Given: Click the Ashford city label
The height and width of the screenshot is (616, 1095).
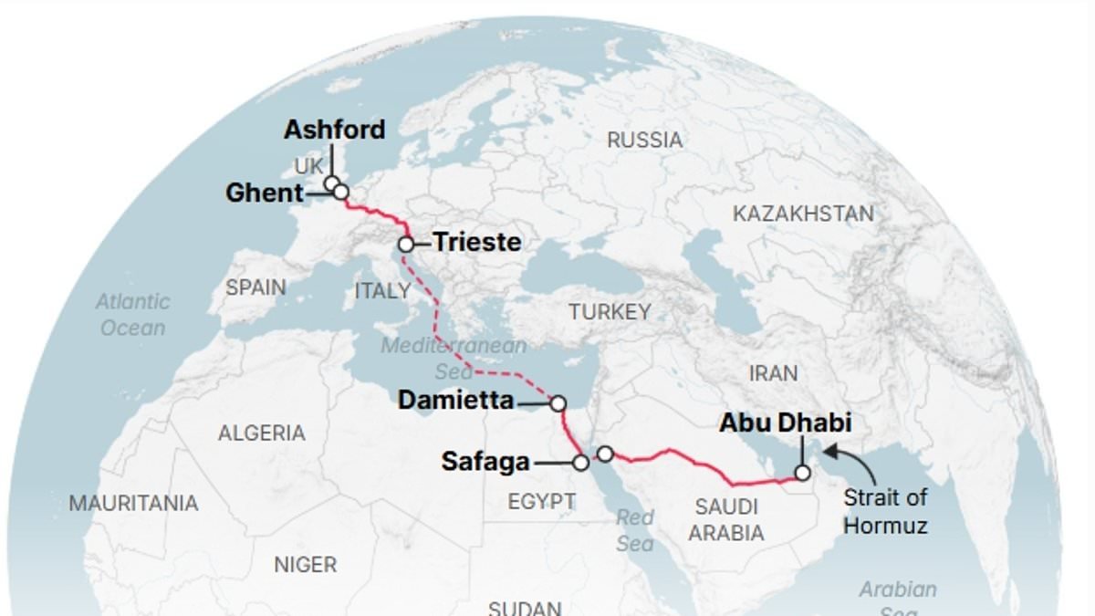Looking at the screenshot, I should point(334,130).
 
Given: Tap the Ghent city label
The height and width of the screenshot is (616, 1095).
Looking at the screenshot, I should point(265,193).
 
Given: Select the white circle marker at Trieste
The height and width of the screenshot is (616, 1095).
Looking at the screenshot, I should point(406,244).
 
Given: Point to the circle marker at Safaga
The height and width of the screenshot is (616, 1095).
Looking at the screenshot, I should point(580,463).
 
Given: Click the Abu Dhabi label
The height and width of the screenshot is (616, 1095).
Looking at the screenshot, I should point(785,423).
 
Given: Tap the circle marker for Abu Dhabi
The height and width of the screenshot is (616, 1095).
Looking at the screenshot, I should point(802,473).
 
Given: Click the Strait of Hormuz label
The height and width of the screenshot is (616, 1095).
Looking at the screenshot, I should point(884,511).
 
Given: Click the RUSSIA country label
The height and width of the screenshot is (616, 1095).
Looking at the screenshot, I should point(644,140).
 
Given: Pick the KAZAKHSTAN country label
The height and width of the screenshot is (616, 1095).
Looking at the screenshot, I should point(803,214).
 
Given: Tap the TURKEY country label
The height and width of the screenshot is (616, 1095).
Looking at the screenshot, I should point(610,311).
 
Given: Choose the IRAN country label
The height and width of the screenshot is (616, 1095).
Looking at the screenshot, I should point(772,373).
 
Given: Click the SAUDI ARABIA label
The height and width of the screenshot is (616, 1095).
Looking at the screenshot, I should point(726,519).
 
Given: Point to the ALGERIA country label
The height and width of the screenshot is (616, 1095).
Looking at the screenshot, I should point(261,433).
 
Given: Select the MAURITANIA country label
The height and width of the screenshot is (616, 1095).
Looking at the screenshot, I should point(133,503).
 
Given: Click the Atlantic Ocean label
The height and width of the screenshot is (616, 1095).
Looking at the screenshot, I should point(133,314).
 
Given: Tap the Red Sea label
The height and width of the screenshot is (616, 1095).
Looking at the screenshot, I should point(634,530).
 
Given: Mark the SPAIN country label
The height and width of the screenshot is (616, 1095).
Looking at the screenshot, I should point(255,287).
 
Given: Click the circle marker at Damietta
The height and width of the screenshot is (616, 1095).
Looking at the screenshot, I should point(558,402).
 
